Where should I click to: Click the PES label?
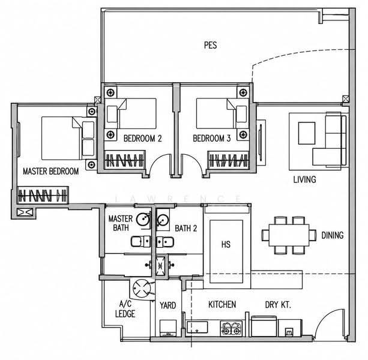click(211, 45)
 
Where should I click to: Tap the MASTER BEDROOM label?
click(50, 171)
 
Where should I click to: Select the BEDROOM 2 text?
click(143, 139)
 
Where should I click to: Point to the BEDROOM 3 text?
click(212, 139)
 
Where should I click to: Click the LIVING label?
click(304, 179)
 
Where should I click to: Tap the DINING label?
click(333, 235)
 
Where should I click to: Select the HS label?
click(226, 245)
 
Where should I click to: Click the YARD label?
click(168, 305)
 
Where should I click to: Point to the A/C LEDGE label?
click(125, 309)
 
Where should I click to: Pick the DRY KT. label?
click(278, 305)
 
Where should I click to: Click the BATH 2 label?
click(186, 228)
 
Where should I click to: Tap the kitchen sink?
click(198, 327)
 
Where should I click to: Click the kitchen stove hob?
click(231, 328)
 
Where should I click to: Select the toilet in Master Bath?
click(140, 242)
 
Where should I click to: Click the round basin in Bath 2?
click(162, 220)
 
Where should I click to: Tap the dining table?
click(289, 235)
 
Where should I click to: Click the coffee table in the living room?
click(307, 133)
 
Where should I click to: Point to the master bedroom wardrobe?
click(43, 195)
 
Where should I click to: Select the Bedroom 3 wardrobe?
click(229, 160)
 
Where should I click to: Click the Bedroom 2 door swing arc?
click(158, 160)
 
